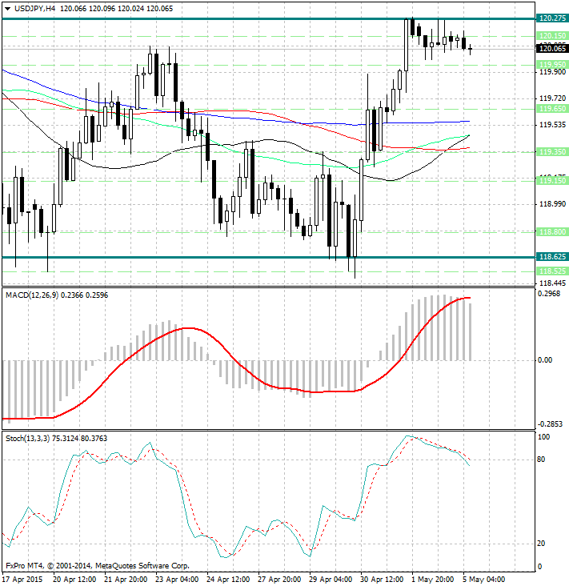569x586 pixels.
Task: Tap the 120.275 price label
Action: coord(553,18)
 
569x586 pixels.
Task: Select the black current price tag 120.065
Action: coord(553,49)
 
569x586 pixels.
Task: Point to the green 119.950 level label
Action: coord(553,64)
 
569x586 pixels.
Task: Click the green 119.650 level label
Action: coord(553,108)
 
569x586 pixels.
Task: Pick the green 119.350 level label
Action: coord(553,151)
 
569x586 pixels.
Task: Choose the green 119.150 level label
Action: coord(553,181)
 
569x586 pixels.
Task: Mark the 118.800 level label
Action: coord(553,231)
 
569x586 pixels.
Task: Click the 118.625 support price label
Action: coord(553,257)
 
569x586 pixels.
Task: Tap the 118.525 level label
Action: coord(553,271)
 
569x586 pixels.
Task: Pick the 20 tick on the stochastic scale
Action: coord(542,544)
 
